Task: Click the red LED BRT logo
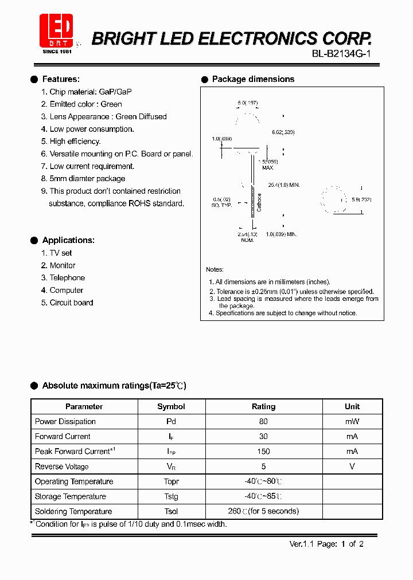point(56,31)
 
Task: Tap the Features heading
point(61,79)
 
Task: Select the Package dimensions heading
point(253,79)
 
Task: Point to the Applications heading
point(68,240)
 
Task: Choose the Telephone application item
point(67,278)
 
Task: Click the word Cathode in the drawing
point(259,202)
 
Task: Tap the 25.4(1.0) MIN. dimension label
point(284,185)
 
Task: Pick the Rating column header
point(263,406)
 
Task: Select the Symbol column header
point(171,406)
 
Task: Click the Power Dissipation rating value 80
point(263,421)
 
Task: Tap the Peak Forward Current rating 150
point(263,452)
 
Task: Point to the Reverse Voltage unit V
point(352,467)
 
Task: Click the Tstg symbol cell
point(171,496)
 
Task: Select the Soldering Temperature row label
point(73,511)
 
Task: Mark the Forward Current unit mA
point(352,436)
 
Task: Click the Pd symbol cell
point(171,421)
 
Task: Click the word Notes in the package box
point(215,269)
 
